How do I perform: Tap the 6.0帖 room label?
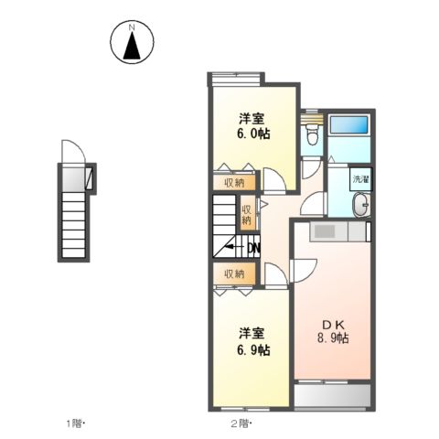(252, 126)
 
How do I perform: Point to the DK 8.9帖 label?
(331, 331)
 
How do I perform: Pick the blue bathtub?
(348, 126)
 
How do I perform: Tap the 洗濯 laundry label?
(360, 179)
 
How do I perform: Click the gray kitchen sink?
(325, 232)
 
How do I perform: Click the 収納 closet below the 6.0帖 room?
(233, 182)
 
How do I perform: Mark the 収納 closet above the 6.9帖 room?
(233, 273)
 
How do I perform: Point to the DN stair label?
(253, 247)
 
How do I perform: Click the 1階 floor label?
(75, 423)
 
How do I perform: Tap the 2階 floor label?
(241, 423)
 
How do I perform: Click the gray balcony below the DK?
(332, 395)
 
